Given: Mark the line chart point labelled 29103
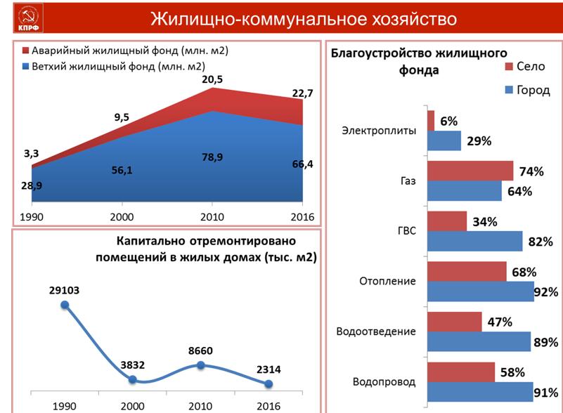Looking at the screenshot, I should click(x=65, y=305).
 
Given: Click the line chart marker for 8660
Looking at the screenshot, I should click(x=200, y=365).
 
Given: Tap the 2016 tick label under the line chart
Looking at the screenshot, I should click(x=268, y=405).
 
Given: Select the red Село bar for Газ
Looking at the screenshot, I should click(x=470, y=171).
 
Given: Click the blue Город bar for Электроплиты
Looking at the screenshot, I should click(x=444, y=140).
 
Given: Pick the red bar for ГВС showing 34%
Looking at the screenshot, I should click(x=446, y=221).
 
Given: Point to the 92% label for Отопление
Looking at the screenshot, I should click(x=545, y=292).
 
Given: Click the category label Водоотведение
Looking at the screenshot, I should click(x=376, y=332).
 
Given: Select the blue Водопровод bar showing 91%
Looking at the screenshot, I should click(x=479, y=392).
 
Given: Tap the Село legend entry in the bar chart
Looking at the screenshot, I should click(x=524, y=67).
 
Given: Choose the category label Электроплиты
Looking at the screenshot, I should click(x=378, y=131).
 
